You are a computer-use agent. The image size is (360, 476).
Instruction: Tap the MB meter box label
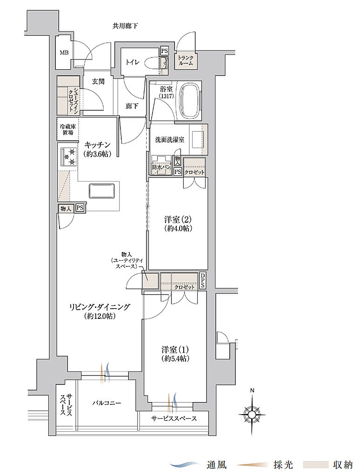tap(64, 52)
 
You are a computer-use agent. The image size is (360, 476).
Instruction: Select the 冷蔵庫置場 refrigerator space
tap(67, 129)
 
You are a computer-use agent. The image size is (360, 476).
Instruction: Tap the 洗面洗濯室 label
tap(169, 139)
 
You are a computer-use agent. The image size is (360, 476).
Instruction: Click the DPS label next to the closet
tap(203, 281)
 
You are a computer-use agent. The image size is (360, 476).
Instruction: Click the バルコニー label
tap(106, 403)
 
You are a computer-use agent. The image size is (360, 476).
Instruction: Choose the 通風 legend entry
tap(201, 464)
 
